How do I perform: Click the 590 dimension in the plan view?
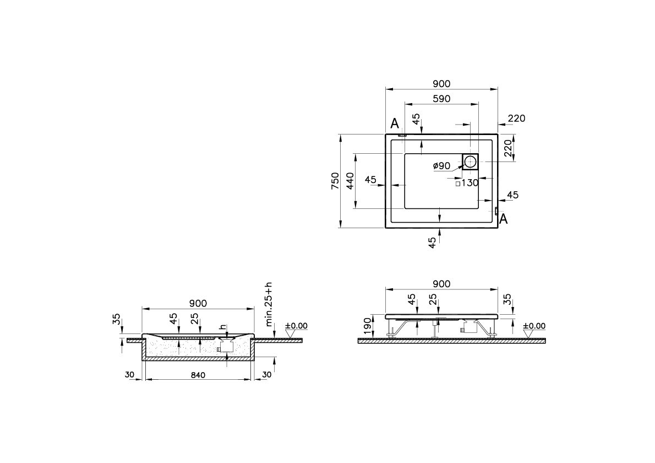click(x=441, y=99)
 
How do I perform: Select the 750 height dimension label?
click(x=335, y=181)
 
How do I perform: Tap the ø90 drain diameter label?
click(x=441, y=166)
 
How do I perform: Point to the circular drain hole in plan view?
click(x=471, y=161)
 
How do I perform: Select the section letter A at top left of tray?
click(x=394, y=122)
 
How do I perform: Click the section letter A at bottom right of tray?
click(x=503, y=219)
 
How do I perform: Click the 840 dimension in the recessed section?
click(x=198, y=375)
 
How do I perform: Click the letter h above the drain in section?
click(x=222, y=327)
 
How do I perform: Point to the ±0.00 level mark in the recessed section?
click(x=296, y=326)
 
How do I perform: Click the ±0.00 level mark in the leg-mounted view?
click(x=534, y=326)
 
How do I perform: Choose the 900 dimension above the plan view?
click(x=441, y=84)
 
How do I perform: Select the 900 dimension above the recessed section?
click(x=198, y=303)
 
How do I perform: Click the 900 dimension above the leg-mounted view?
click(x=441, y=284)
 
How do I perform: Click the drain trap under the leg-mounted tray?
click(x=468, y=328)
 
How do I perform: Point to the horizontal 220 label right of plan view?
click(x=516, y=118)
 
